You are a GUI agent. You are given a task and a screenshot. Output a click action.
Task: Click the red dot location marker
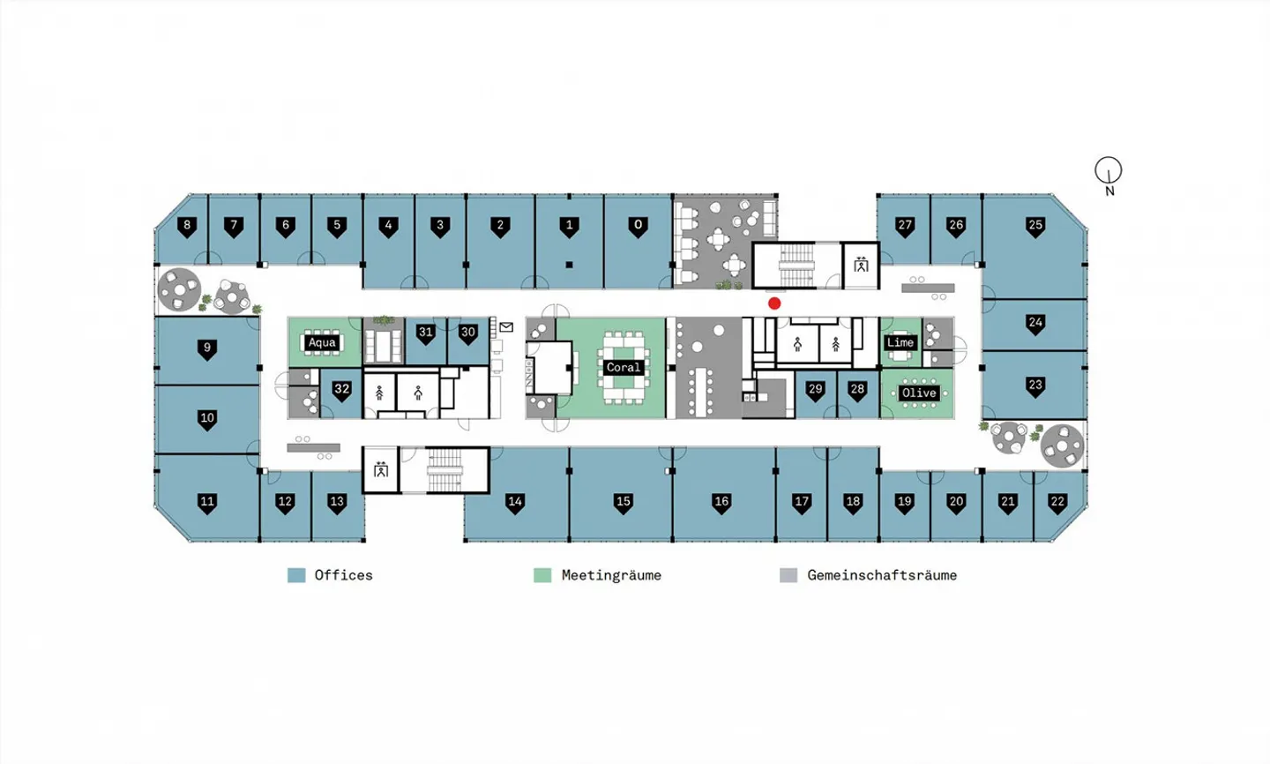tap(774, 303)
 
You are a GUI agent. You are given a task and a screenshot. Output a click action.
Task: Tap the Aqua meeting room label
tap(322, 342)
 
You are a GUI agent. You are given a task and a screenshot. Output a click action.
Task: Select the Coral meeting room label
tap(623, 368)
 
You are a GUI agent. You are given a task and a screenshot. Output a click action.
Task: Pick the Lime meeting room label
tap(900, 342)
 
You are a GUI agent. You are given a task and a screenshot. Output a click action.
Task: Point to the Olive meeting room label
tap(919, 393)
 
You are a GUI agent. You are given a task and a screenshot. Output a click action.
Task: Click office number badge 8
tap(187, 227)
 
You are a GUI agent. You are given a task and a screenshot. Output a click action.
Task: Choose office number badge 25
tap(1035, 227)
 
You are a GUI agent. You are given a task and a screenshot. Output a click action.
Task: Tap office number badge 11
tap(207, 503)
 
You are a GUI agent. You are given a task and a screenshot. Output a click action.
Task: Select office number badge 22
tap(1057, 503)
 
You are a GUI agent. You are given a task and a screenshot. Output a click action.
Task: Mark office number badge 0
tap(638, 227)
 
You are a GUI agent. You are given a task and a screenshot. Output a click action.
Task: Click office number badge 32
tap(341, 391)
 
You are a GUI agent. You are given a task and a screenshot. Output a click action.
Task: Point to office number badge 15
tap(623, 503)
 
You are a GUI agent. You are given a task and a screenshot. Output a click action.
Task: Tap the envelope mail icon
tap(506, 327)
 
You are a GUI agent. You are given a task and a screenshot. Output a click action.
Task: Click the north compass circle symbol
tap(1108, 170)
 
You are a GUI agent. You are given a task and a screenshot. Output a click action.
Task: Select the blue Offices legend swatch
tap(296, 575)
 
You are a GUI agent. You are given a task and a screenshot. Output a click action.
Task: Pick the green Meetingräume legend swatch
tap(542, 575)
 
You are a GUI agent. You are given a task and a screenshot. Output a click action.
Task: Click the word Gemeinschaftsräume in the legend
tap(882, 575)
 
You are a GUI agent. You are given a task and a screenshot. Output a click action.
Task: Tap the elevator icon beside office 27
tap(861, 265)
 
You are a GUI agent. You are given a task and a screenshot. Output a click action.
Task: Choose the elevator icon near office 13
tap(381, 469)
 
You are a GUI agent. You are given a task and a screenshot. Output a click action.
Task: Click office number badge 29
tap(815, 391)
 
